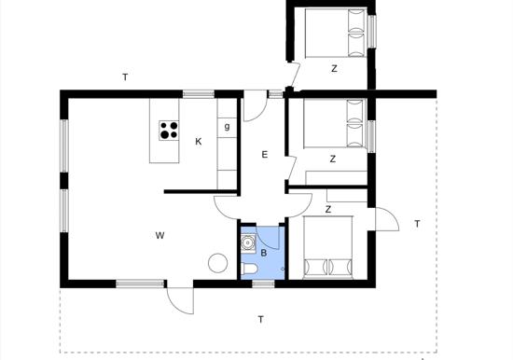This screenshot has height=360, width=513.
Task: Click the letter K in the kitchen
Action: [199, 142]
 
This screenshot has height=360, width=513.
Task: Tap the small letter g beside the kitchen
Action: [227, 126]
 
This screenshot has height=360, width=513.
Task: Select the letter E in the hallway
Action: [265, 155]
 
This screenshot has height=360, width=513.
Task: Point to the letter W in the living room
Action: [160, 235]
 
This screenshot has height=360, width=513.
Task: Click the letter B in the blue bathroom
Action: [264, 253]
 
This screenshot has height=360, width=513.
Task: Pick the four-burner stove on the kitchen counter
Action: [169, 131]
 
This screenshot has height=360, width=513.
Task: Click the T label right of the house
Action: [417, 223]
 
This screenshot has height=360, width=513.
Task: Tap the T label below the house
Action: [260, 320]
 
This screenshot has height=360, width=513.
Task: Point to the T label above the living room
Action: [124, 77]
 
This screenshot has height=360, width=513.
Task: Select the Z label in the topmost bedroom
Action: [333, 68]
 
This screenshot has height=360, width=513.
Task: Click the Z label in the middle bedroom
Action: [333, 159]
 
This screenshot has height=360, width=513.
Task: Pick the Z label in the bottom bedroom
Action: [328, 210]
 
